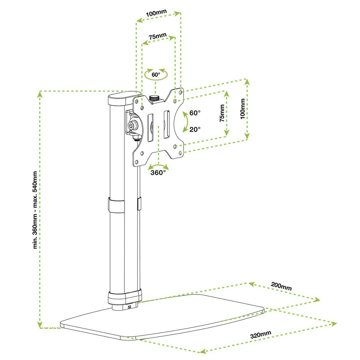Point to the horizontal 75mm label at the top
click(x=157, y=37)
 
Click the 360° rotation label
click(x=158, y=172)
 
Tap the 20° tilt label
click(x=195, y=129)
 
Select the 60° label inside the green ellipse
click(x=156, y=75)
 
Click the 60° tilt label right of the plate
click(x=195, y=113)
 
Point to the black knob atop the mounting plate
click(x=155, y=98)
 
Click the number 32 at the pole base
click(x=130, y=307)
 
